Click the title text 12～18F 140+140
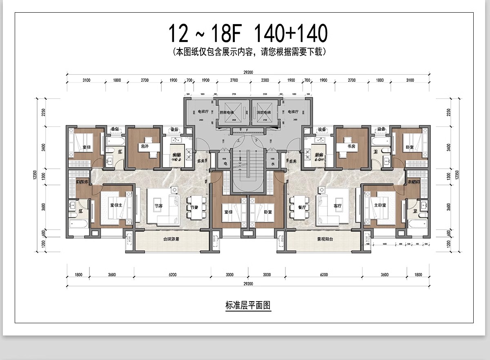coord(248,34)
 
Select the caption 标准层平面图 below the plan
coord(248,305)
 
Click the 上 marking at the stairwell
coord(238,139)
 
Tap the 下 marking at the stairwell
coord(256,139)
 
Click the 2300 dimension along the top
coord(265,80)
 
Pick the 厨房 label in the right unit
coord(318,155)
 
